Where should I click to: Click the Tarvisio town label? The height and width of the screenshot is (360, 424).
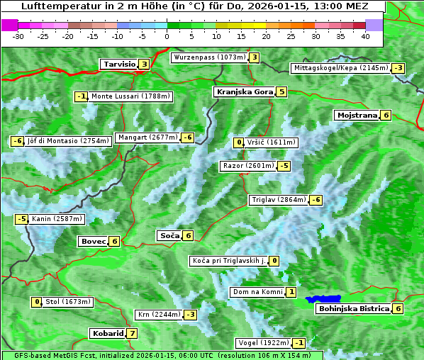pyautogui.click(x=118, y=64)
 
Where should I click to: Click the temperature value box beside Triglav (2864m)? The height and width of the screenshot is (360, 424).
pyautogui.click(x=316, y=200)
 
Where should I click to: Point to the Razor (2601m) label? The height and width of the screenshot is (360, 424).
pyautogui.click(x=247, y=166)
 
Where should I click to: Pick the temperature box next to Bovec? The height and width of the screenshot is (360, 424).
pyautogui.click(x=115, y=241)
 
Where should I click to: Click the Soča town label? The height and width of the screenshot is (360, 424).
pyautogui.click(x=169, y=236)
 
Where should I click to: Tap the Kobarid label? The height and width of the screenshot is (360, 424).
pyautogui.click(x=107, y=333)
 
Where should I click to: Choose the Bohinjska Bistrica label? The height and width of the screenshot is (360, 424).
pyautogui.click(x=353, y=309)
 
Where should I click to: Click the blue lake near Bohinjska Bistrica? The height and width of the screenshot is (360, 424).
pyautogui.click(x=324, y=299)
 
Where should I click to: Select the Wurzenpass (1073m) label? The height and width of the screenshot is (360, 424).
pyautogui.click(x=209, y=57)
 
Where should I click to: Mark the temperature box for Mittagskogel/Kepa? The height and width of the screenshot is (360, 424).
pyautogui.click(x=398, y=68)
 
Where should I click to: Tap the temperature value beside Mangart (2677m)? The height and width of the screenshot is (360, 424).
pyautogui.click(x=187, y=137)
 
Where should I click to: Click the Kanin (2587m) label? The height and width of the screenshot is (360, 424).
pyautogui.click(x=57, y=219)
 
